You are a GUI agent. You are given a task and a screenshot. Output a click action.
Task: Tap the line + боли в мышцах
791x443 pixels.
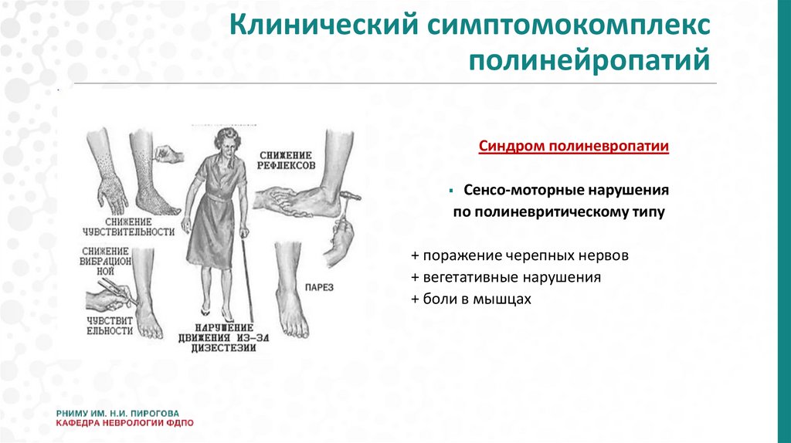click(x=472, y=299)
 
